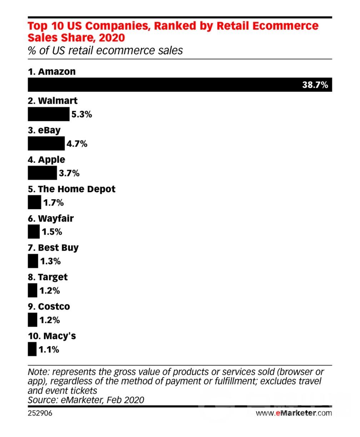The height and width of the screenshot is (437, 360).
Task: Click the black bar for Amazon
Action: coord(161,85)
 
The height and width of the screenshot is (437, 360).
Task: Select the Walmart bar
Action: coord(49,114)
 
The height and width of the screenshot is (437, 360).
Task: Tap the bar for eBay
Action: coord(46,144)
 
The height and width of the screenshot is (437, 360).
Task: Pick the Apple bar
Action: coord(42,173)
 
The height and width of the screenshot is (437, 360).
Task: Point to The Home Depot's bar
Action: coord(34,203)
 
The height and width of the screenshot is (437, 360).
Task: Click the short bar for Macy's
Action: coord(32,349)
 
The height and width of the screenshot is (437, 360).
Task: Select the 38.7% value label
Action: coord(315,85)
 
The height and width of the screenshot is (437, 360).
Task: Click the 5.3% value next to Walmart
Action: coord(82,115)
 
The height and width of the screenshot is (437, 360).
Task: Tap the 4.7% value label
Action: coord(77,144)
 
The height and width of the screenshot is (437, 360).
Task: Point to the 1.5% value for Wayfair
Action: coord(52,232)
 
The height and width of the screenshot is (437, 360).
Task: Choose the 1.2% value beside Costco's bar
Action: coord(49,320)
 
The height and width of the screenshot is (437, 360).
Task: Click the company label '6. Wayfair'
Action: coord(51,218)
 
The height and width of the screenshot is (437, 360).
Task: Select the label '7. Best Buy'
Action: coord(53,248)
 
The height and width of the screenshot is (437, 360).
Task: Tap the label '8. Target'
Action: coord(47,277)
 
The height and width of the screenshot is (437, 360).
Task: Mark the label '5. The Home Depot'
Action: coord(71,189)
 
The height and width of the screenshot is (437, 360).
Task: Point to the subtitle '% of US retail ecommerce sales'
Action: coord(105,50)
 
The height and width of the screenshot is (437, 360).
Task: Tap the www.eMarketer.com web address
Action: coord(294,413)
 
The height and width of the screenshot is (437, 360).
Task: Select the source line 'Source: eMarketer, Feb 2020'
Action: coord(86,399)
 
